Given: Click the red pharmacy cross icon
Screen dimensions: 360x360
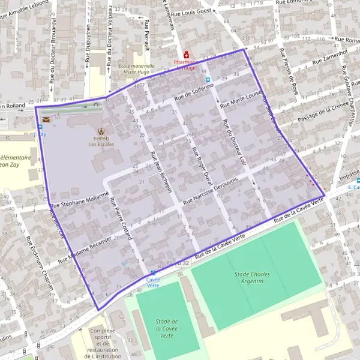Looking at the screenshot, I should [x=187, y=53].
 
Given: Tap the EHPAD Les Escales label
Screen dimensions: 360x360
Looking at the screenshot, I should [x=100, y=140].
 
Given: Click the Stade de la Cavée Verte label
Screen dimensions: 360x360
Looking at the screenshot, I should [x=168, y=329].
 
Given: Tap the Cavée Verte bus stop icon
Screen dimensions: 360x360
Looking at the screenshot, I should [x=152, y=272].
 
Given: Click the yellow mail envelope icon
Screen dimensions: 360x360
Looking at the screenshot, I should [x=46, y=120].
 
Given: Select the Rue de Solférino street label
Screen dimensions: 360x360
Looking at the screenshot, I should [x=194, y=92].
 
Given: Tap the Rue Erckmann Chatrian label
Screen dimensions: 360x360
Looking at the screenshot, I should [x=40, y=264].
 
